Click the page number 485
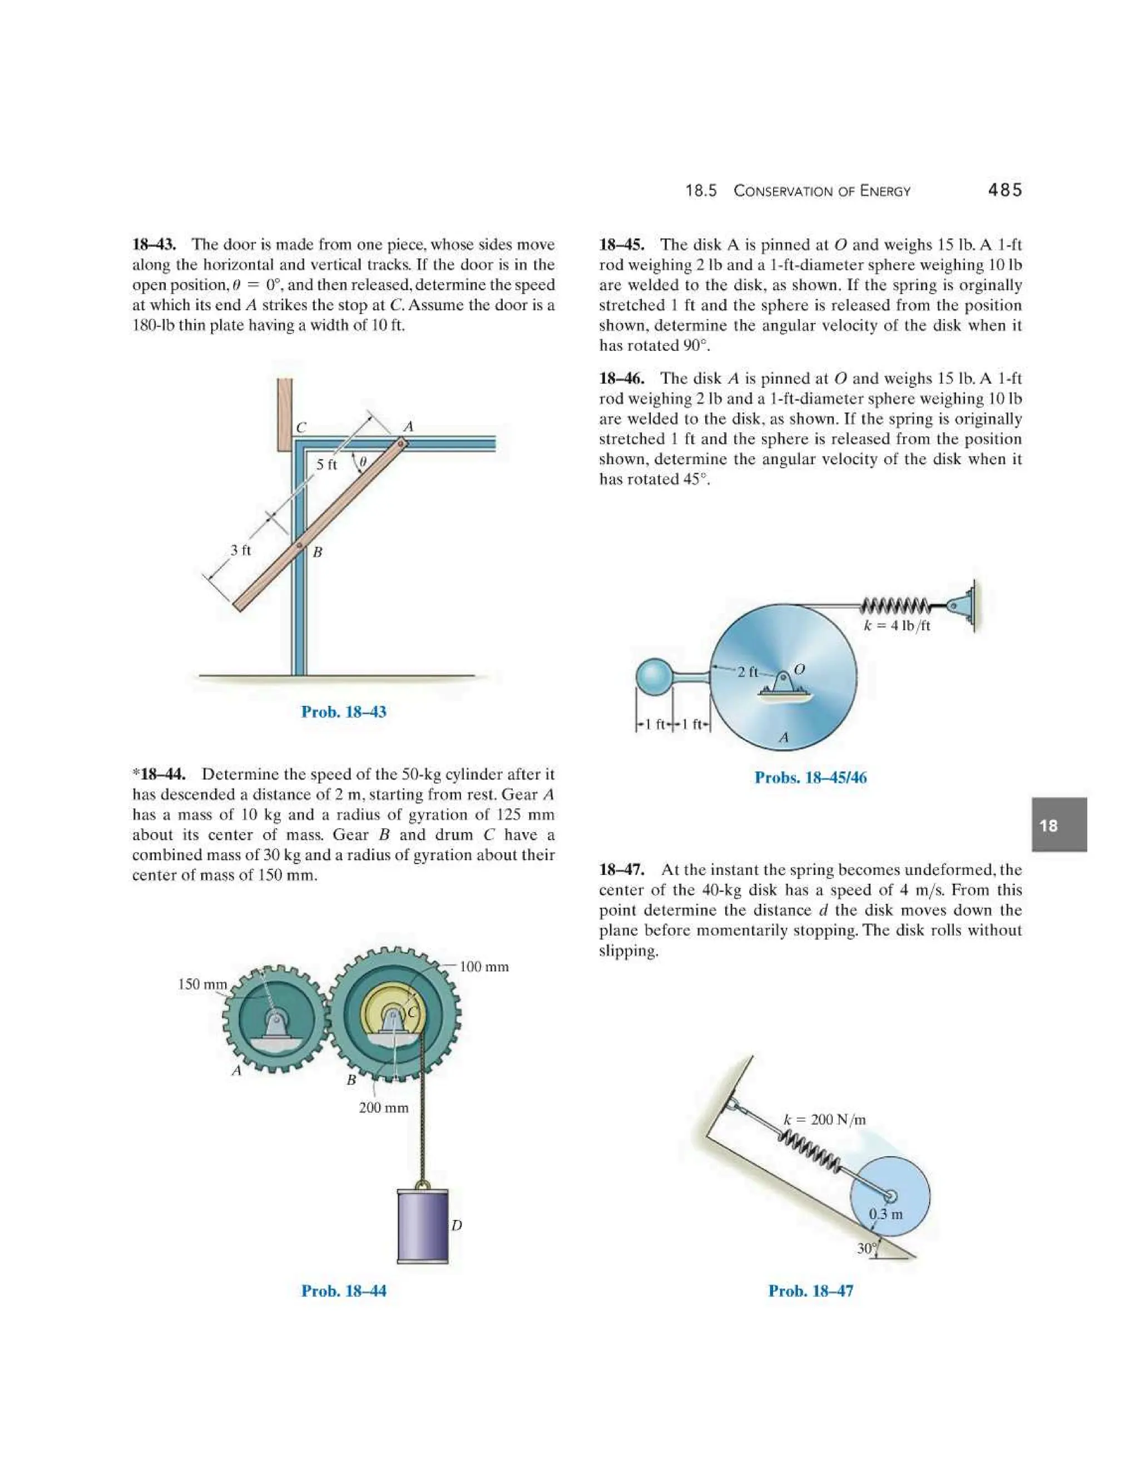pos(1005,190)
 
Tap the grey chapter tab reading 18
pos(1059,825)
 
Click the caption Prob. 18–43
pos(344,711)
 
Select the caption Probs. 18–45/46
pos(810,778)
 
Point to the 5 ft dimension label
pos(326,465)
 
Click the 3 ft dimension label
pos(240,550)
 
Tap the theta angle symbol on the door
pos(363,462)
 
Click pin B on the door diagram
pos(298,545)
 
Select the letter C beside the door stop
pos(301,428)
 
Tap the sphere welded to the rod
pos(655,676)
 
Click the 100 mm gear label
pos(484,967)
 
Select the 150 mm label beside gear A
pos(202,985)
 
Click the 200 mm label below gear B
pos(383,1107)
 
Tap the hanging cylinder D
pos(423,1226)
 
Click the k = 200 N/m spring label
pos(825,1120)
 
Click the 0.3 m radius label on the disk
pos(885,1214)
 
